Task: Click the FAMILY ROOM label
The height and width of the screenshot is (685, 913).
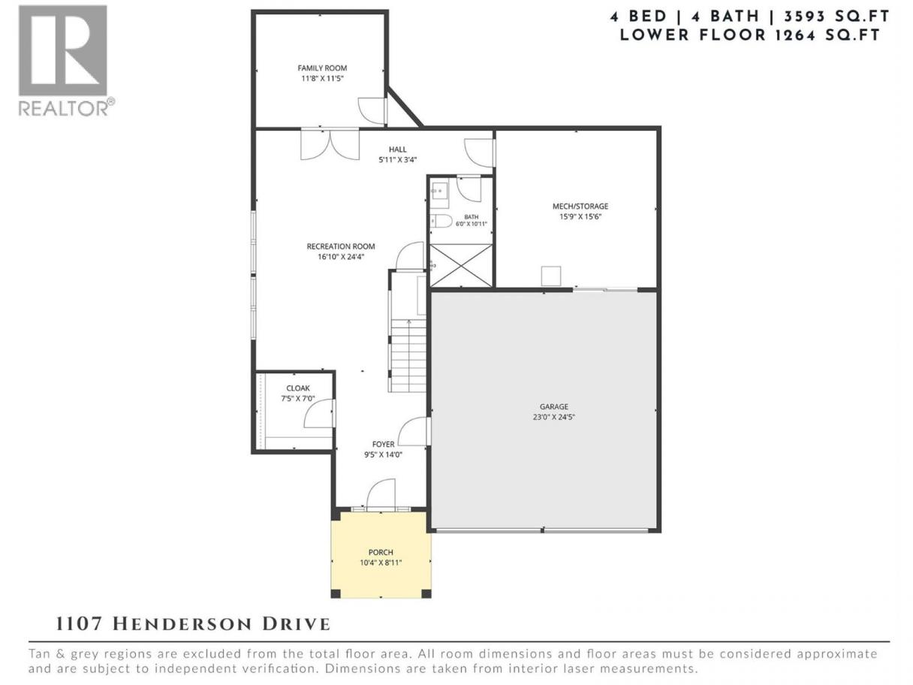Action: click(322, 68)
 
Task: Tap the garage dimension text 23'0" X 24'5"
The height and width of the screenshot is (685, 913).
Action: click(553, 417)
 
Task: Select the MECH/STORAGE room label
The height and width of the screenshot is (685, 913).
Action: click(580, 207)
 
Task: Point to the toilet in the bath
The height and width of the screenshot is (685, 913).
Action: click(441, 221)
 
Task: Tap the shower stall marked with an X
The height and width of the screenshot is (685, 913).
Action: click(461, 265)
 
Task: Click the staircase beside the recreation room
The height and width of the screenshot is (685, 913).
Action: click(408, 355)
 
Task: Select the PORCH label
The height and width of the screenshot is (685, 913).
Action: click(381, 552)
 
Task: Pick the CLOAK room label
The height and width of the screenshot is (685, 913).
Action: click(298, 388)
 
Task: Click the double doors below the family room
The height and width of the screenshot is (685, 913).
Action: click(330, 144)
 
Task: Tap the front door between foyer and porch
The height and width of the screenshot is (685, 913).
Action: click(381, 494)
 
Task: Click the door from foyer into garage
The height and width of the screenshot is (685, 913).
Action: click(414, 432)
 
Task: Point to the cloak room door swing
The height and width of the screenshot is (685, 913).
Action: click(319, 413)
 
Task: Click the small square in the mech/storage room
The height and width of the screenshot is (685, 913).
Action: click(550, 276)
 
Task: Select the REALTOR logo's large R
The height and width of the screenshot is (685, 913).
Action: click(63, 50)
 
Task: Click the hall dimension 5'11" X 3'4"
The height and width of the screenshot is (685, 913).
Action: click(398, 160)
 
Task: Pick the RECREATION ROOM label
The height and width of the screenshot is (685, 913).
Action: click(341, 246)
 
